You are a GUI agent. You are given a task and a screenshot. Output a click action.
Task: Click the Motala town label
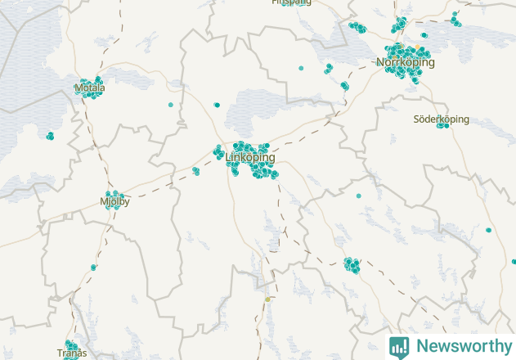click(x=89, y=88)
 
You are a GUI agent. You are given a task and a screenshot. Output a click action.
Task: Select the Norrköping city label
click(x=405, y=62)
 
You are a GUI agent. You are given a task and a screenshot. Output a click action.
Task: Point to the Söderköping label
click(x=441, y=119)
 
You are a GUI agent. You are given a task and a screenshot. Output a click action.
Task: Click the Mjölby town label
click(x=114, y=201)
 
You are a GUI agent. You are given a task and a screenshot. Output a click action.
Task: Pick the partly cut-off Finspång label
click(x=292, y=2)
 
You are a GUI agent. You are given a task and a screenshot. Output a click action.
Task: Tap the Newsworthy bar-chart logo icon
click(x=399, y=346)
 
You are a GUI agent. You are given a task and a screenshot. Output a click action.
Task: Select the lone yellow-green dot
click(x=267, y=299)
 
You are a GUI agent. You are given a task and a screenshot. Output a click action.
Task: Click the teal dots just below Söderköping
click(x=442, y=126)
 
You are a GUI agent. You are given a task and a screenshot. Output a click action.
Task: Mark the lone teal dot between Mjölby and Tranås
click(x=93, y=267)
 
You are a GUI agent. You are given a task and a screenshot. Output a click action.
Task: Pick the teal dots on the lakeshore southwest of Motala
click(x=50, y=136)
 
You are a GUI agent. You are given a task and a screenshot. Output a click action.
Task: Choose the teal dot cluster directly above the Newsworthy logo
click(x=352, y=264)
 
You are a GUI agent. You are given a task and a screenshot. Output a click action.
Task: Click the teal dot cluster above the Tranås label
click(x=70, y=345)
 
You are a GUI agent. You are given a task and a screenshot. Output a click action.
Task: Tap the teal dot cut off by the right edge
click(x=514, y=262)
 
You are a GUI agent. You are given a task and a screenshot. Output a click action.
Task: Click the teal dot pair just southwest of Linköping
click(x=195, y=171)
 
